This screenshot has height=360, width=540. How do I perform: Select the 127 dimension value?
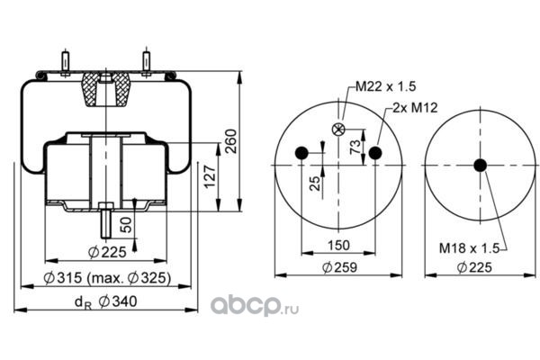(210, 179)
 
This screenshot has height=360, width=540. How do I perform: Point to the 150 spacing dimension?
(338, 245)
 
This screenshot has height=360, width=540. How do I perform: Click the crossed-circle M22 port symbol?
(339, 130)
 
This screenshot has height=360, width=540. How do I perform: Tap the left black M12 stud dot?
(302, 152)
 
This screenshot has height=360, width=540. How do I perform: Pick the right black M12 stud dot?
(375, 152)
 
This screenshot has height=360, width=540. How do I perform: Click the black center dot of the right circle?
(480, 164)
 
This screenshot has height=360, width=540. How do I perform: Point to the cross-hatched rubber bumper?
(105, 90)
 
